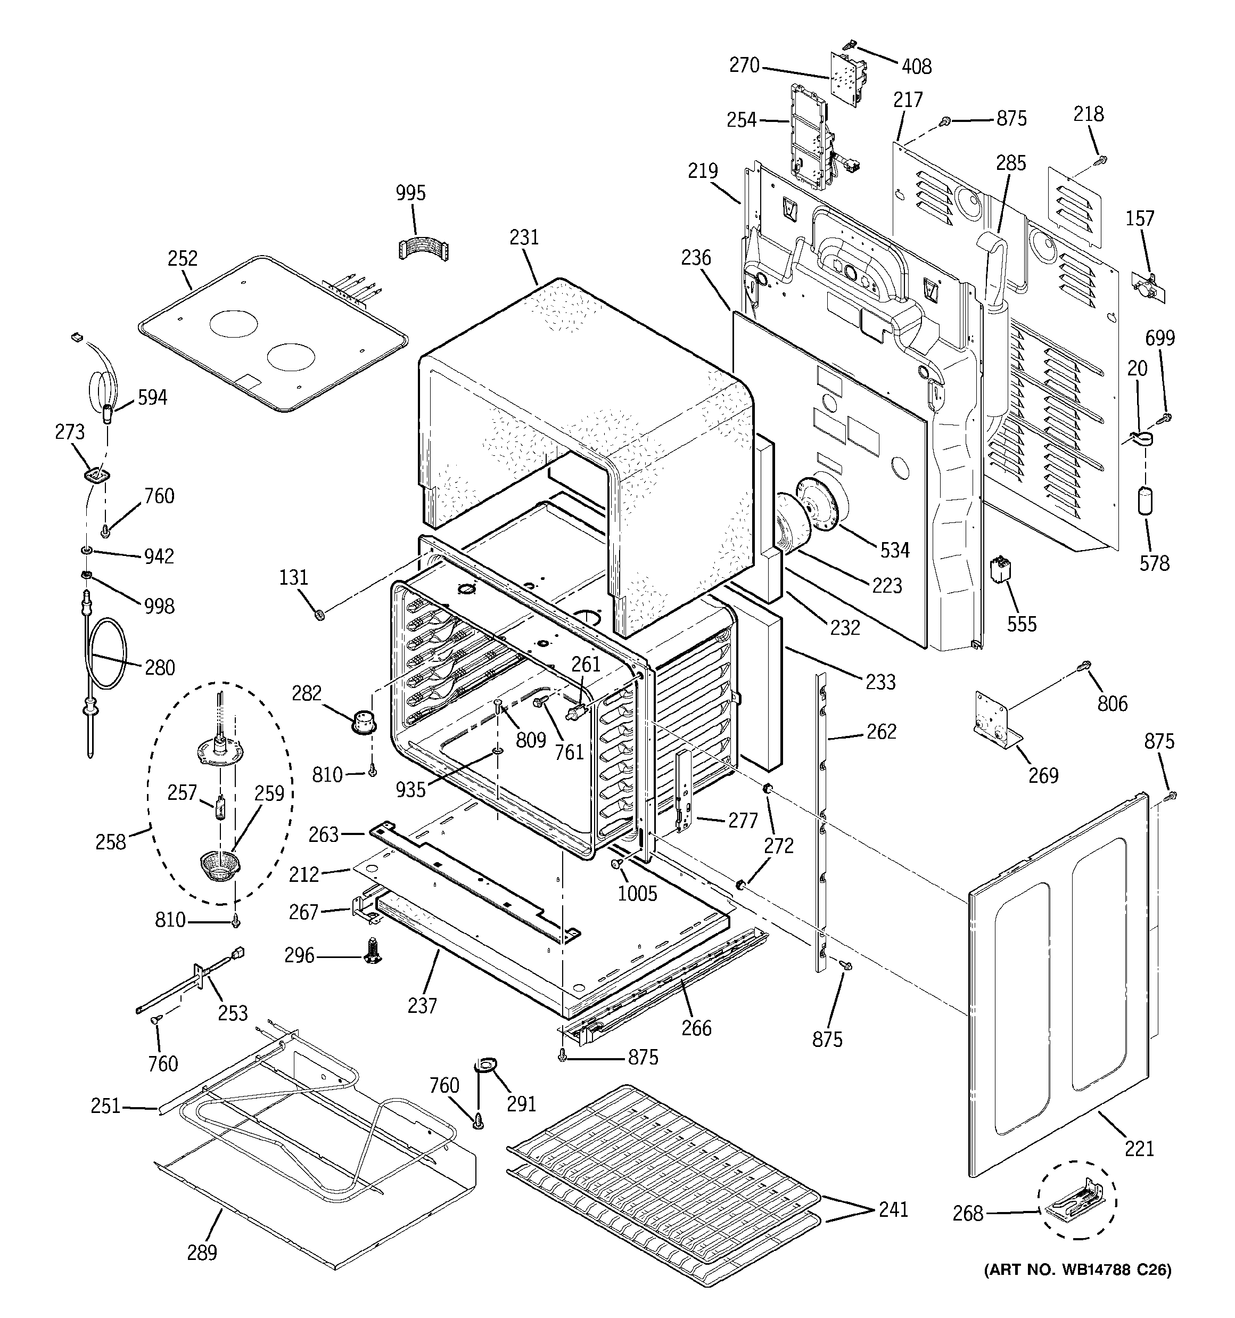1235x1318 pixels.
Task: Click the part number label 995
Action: pos(410,193)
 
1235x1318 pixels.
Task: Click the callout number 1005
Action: pos(637,893)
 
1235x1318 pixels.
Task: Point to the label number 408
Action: pos(916,66)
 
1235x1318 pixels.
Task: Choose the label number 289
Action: pos(202,1252)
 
